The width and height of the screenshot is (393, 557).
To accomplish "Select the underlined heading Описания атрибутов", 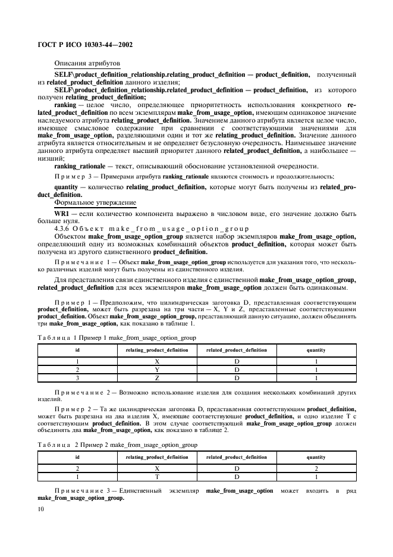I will click(x=86, y=62).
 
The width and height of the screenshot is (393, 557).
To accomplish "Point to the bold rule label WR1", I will click(x=63, y=213).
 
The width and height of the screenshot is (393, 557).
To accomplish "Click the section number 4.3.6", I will click(x=62, y=229).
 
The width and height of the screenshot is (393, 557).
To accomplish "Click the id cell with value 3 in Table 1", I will click(x=77, y=378).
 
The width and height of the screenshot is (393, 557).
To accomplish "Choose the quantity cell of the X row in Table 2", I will click(x=316, y=468).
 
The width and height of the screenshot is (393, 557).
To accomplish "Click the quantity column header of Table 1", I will click(x=316, y=350).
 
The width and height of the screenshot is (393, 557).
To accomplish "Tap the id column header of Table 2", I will click(x=77, y=457).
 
